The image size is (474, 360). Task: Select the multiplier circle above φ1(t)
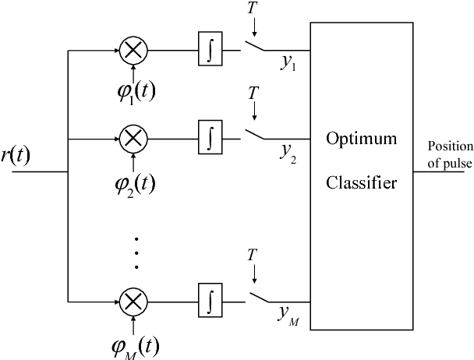click(133, 52)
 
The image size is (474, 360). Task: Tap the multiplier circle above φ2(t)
click(133, 140)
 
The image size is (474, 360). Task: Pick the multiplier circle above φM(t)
click(133, 300)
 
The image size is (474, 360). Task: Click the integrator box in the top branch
click(210, 52)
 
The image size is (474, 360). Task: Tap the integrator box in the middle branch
click(210, 140)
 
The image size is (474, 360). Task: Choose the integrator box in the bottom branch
click(210, 300)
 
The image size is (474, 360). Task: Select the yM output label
click(289, 312)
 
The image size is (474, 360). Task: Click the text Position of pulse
click(449, 154)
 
